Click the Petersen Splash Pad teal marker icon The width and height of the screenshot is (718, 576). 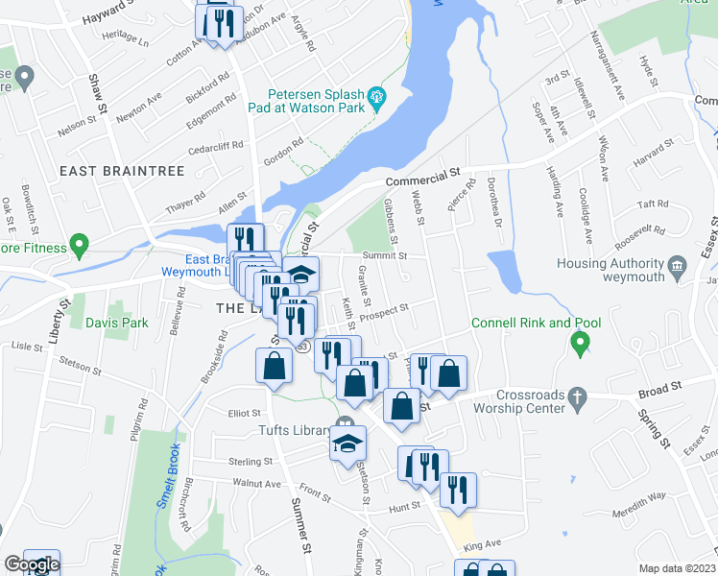tap(376, 97)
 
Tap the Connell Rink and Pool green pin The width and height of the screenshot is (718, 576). tap(580, 343)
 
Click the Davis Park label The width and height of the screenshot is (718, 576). tap(116, 323)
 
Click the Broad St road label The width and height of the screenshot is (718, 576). tap(659, 387)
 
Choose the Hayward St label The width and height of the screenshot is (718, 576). tap(113, 13)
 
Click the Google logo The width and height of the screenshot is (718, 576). tap(32, 564)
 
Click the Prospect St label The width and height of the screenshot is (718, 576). tap(387, 309)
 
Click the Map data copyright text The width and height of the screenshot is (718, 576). tap(677, 567)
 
